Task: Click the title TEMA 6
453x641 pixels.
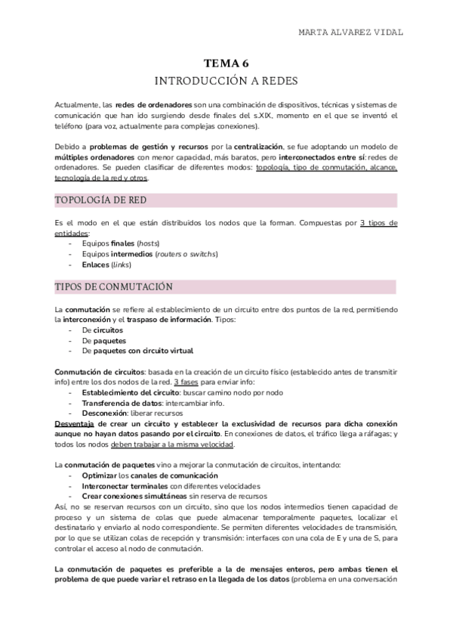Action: tap(226, 66)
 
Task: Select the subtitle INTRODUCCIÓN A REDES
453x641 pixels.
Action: tap(226, 81)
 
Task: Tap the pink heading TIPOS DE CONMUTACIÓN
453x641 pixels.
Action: tap(114, 287)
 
